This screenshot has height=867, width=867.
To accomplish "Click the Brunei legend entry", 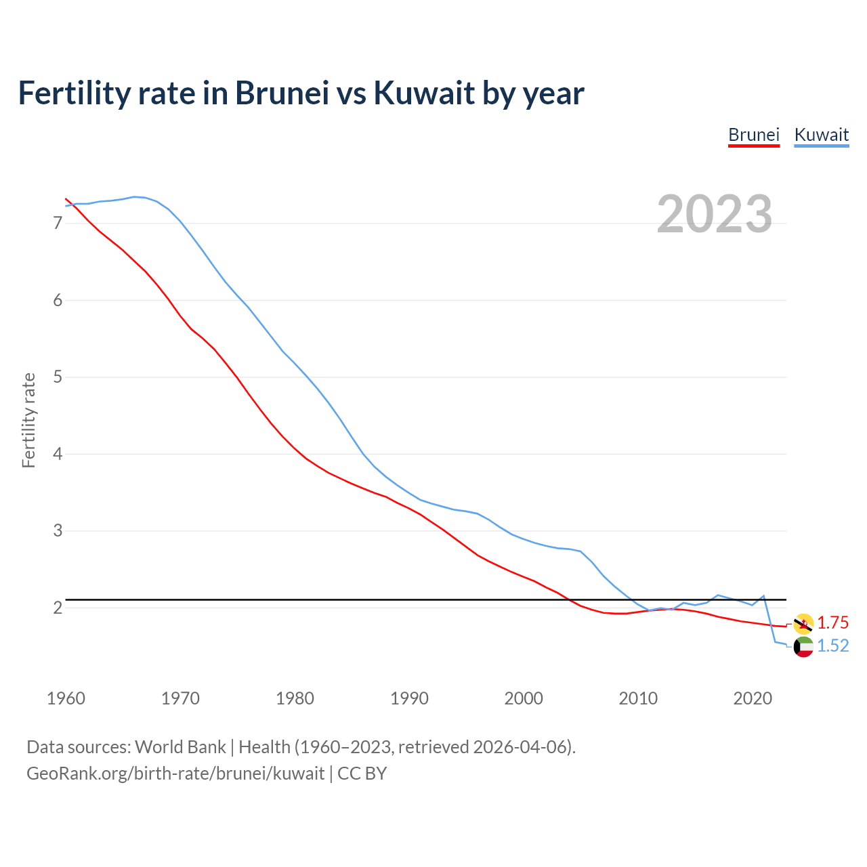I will [754, 135].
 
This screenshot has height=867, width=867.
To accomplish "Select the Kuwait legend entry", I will [821, 135].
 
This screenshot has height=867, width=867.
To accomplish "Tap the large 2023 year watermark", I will [714, 214].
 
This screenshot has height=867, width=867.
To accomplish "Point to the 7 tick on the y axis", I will [57, 223].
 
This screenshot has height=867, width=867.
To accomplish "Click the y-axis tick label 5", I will [57, 377].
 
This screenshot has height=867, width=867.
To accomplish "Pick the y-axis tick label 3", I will [57, 530].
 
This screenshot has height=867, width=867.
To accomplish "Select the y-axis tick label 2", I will [57, 608].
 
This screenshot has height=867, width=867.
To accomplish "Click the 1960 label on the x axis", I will [66, 698].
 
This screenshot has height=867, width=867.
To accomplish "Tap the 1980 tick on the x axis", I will [295, 698].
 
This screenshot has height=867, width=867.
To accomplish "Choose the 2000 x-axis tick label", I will [524, 698].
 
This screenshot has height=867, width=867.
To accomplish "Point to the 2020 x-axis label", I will [753, 698].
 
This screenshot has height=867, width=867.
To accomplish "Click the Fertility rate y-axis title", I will [28, 420].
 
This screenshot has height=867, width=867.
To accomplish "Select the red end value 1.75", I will [832, 623].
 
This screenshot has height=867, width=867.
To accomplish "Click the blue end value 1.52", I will [832, 646].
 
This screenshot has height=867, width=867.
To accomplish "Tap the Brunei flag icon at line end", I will [803, 623].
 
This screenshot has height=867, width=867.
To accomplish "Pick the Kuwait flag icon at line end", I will [803, 647].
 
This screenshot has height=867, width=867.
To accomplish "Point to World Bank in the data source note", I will [180, 747].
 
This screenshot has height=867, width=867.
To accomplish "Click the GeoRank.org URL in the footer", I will [175, 774].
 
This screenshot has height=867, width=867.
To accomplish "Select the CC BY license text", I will [362, 774].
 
